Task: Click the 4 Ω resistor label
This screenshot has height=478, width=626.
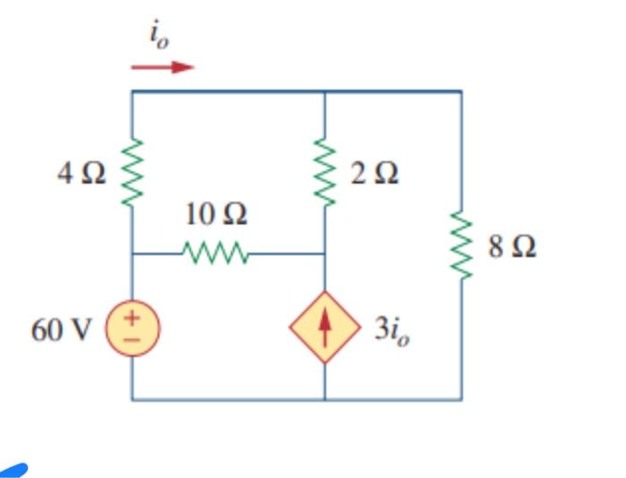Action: [x=80, y=174]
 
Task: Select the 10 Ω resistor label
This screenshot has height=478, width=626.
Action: [x=216, y=215]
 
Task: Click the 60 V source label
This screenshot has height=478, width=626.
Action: [x=61, y=330]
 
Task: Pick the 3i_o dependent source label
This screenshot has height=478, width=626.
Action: [x=393, y=330]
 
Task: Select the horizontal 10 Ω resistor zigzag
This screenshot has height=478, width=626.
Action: [x=216, y=253]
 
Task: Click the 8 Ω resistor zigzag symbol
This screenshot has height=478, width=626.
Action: [x=461, y=246]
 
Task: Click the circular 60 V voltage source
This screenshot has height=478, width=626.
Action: [x=132, y=329]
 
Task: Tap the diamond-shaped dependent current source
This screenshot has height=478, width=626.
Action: [x=324, y=329]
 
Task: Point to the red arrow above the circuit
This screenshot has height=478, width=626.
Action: [x=163, y=66]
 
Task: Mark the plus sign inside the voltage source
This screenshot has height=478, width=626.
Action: [x=132, y=318]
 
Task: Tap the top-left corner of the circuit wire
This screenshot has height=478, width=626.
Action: [x=132, y=91]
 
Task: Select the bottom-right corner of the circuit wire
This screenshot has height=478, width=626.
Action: [x=461, y=399]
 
